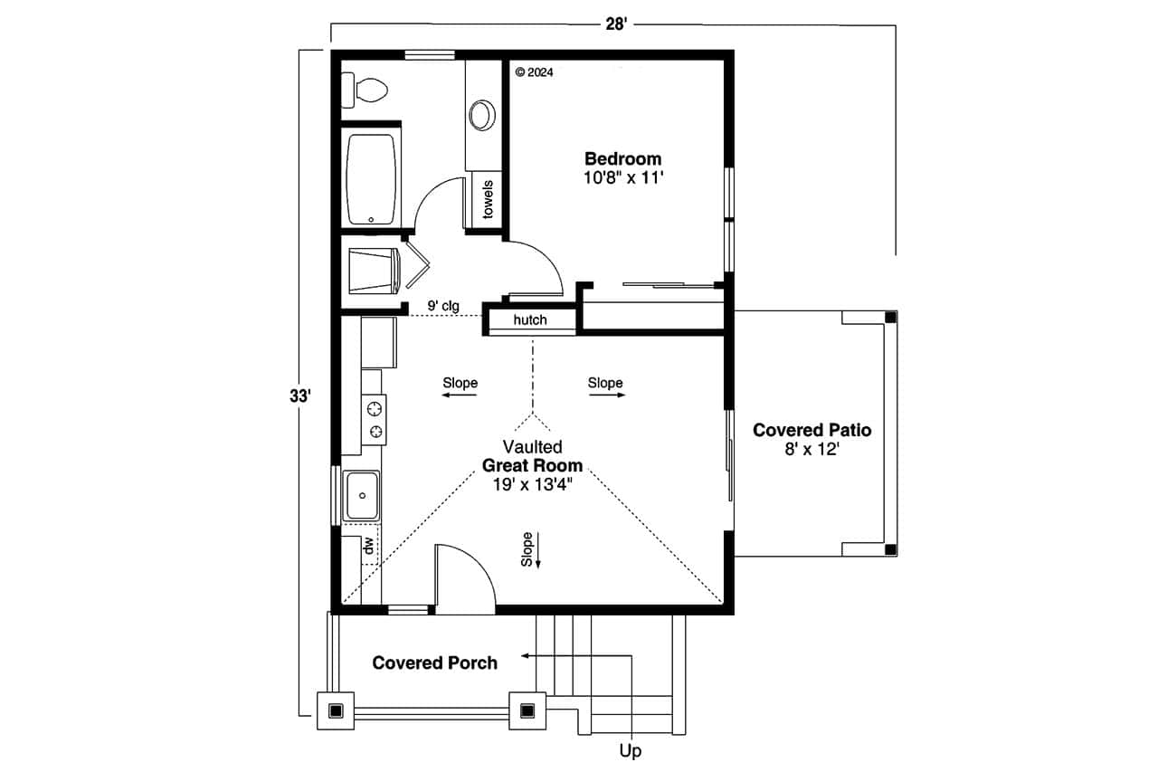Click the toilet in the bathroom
click(x=366, y=90)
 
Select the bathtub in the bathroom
click(x=371, y=179)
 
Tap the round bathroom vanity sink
click(x=482, y=115)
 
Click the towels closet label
click(x=488, y=200)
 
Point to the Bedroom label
click(x=622, y=158)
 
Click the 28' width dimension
click(x=615, y=24)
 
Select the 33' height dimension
click(x=300, y=396)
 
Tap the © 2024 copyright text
click(x=534, y=72)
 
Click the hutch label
click(x=530, y=320)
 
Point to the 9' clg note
click(x=443, y=306)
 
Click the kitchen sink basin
click(x=362, y=495)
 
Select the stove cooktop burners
click(x=374, y=420)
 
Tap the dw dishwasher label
click(x=368, y=546)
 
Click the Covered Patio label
click(x=812, y=430)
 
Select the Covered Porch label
click(x=434, y=662)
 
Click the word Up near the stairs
click(x=631, y=751)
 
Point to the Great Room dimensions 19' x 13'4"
click(x=533, y=483)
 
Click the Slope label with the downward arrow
click(x=527, y=549)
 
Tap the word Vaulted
click(x=533, y=447)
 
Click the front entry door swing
click(x=464, y=575)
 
